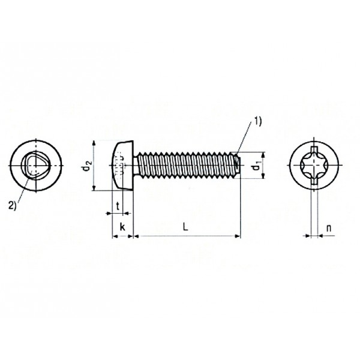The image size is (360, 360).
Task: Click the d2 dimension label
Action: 87,166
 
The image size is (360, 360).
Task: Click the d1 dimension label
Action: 256,166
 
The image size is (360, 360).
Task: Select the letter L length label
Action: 185,227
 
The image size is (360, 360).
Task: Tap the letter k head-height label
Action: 122,227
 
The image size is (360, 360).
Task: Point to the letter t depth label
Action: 118,206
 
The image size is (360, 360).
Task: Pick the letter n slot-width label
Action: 329,228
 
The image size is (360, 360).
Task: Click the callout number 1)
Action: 258,121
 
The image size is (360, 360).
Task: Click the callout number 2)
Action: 13,205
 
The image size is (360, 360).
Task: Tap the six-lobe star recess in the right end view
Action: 314,166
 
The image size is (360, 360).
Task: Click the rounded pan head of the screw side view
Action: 122,166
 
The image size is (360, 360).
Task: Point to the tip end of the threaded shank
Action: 238,166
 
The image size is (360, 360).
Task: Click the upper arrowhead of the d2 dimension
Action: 94,143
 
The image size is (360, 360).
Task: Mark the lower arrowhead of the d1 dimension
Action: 263,175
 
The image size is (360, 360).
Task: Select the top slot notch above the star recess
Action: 314,149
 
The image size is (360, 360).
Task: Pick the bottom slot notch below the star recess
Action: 314,181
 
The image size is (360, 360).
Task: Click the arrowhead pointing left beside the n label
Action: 321,236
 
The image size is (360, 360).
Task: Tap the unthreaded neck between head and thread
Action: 136,166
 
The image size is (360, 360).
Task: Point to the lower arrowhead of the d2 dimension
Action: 94,188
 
